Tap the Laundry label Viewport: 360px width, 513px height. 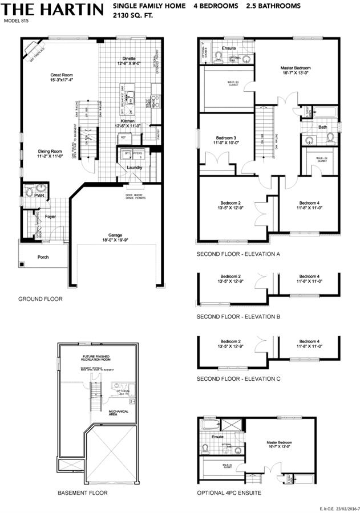pos(135,167)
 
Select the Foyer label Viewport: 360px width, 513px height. pos(51,217)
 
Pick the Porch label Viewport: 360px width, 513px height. pos(43,257)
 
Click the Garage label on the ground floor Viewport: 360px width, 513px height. pos(116,234)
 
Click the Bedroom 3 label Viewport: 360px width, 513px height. pos(226,138)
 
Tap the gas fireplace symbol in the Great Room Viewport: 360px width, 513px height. pos(32,52)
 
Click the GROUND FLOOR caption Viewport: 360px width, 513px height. pos(40,299)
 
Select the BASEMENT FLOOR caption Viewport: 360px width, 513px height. pos(82,492)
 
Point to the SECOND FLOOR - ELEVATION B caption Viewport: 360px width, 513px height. pos(238,316)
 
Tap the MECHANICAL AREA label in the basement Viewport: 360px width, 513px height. pos(119,413)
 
